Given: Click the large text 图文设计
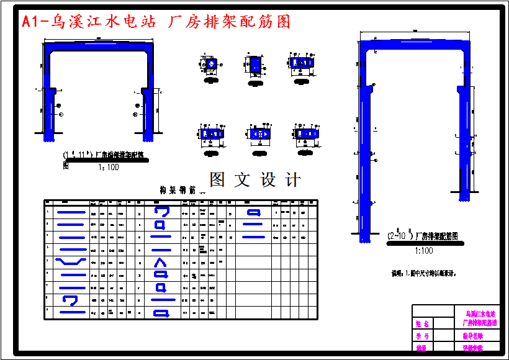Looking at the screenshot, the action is [255, 180].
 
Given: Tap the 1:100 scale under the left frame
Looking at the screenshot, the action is [108, 167].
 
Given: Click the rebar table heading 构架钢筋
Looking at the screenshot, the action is [178, 190].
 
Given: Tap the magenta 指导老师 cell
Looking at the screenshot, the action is [473, 336].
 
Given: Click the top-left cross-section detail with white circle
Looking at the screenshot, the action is [211, 65].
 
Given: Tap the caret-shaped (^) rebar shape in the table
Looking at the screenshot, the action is [160, 261].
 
